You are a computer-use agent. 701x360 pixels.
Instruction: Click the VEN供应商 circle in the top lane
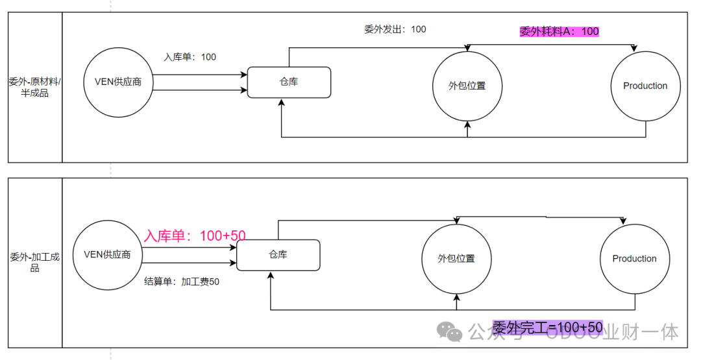click(118, 82)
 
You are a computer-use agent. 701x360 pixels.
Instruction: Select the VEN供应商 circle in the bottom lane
click(107, 255)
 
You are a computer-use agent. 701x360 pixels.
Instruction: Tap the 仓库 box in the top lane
click(289, 82)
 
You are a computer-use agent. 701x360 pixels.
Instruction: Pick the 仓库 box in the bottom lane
click(278, 255)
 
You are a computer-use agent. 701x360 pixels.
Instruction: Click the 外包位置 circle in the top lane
click(467, 86)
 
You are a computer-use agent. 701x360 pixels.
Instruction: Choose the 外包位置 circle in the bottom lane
click(456, 259)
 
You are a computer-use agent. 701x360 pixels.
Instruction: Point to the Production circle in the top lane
click(645, 86)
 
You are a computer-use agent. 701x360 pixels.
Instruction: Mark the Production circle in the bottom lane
click(634, 259)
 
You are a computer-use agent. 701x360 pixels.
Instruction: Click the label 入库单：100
click(190, 57)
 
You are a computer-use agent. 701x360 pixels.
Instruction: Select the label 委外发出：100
click(395, 29)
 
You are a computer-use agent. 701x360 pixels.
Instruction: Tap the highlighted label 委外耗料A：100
click(559, 31)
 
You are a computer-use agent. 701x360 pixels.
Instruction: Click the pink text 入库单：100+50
click(195, 236)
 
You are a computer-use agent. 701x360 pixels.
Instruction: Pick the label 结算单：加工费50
click(182, 282)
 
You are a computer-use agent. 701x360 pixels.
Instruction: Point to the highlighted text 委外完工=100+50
click(547, 328)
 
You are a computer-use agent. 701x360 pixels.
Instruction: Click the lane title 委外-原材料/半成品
click(34, 87)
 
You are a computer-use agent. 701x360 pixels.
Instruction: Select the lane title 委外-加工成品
click(34, 262)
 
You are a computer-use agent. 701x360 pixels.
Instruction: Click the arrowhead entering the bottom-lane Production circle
click(624, 221)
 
